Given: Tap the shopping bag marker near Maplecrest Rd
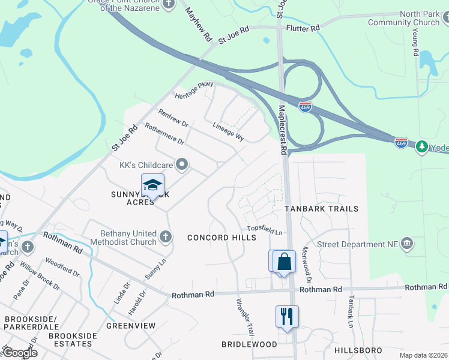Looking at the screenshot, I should pos(284,262).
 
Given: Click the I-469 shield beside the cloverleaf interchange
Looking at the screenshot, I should pos(305,106).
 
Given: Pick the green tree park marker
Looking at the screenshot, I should pos(422,146).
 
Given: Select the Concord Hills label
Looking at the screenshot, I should pos(221,238).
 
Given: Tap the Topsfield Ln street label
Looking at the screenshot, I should pos(265,230).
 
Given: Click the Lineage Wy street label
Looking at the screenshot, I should pos(229,131).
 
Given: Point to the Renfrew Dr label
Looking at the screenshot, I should pos(173,118).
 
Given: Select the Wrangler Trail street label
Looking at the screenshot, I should pos(246,317).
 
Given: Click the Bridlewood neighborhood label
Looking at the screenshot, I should pos(249,344).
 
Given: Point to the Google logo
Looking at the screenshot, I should pos(19,353).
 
